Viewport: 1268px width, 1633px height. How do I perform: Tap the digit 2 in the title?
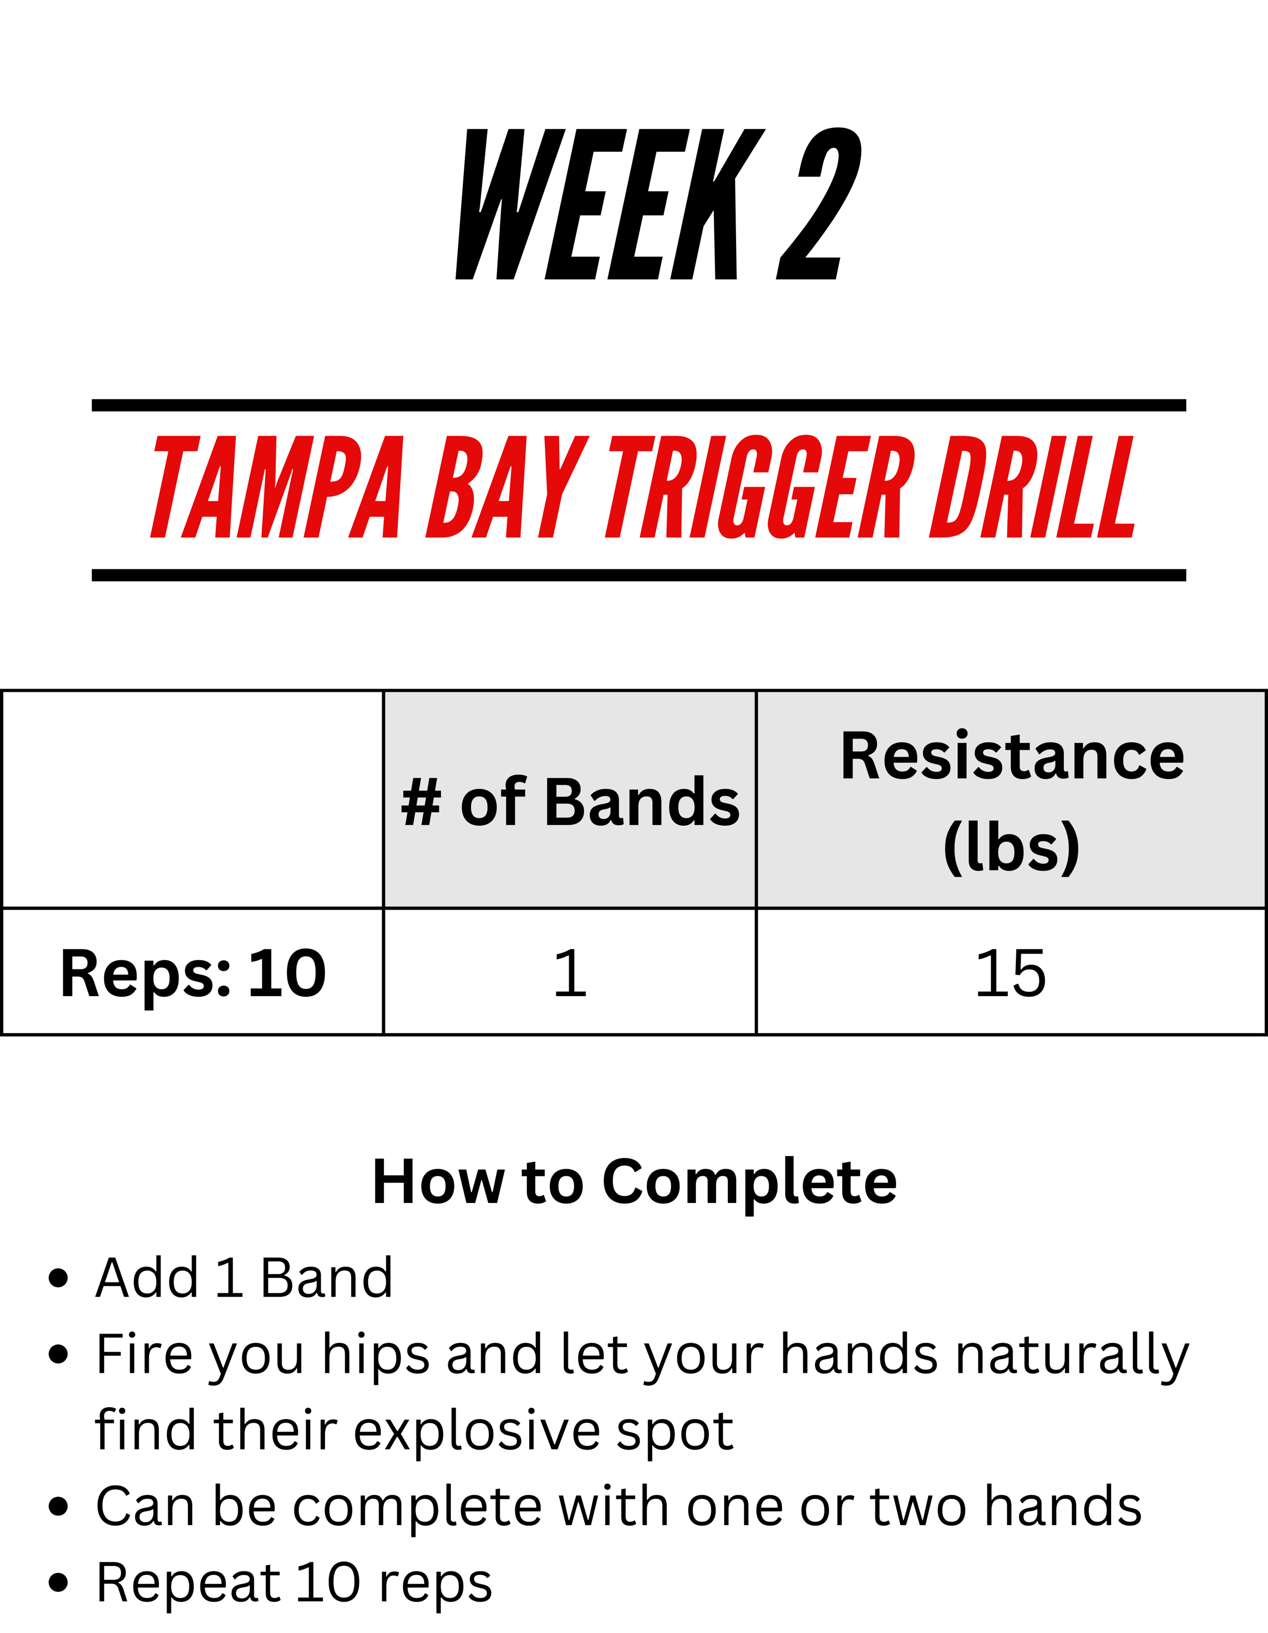click(x=819, y=204)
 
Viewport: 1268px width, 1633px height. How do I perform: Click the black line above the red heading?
click(x=639, y=406)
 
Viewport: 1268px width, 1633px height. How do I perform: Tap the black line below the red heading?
click(x=639, y=575)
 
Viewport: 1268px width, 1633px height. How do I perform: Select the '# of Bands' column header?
click(x=569, y=802)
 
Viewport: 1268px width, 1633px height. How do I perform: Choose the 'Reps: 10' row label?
click(x=193, y=973)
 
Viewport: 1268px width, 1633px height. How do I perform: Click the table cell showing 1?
click(x=569, y=973)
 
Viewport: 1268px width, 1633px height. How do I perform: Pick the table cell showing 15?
click(x=1011, y=973)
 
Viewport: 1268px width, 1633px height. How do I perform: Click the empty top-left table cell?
click(x=193, y=799)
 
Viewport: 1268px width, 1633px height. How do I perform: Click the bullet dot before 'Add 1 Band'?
click(x=58, y=1278)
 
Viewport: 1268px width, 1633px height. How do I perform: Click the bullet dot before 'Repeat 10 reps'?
click(x=58, y=1583)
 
